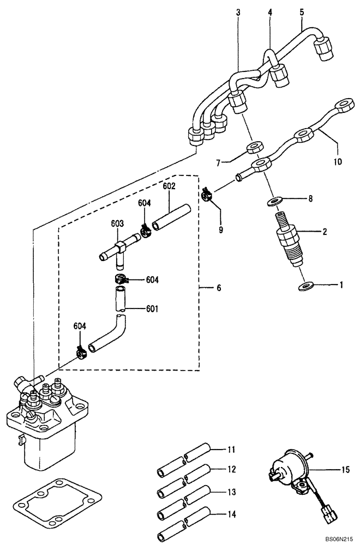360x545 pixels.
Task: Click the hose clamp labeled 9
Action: coord(207,193)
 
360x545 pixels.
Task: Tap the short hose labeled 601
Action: coord(121,300)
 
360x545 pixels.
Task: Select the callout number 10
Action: coord(338,162)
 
